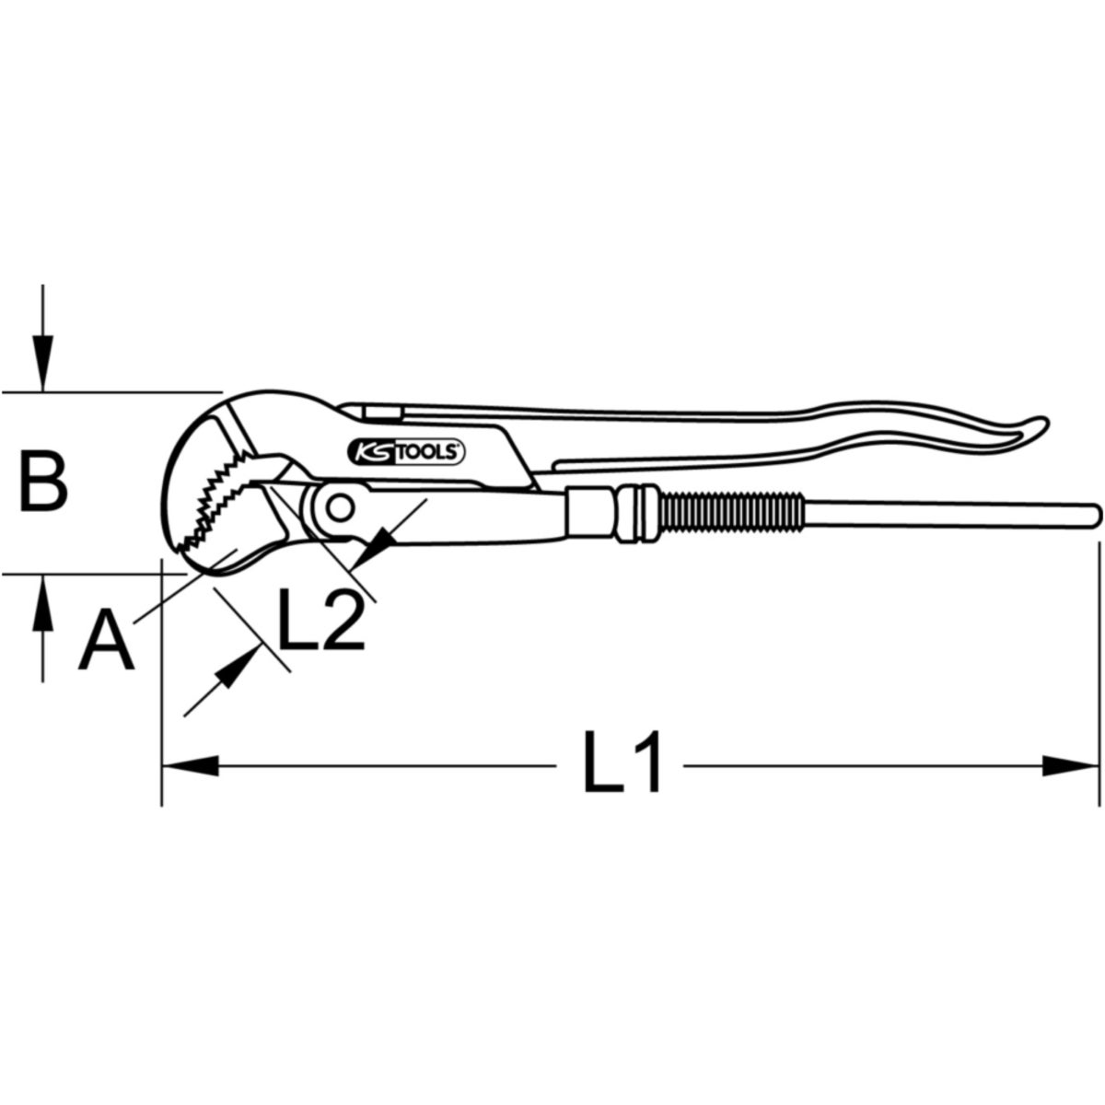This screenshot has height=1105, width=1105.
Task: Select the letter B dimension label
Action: [44, 482]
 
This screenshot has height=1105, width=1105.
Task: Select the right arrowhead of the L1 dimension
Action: [1074, 764]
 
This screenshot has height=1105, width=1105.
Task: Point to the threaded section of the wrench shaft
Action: [731, 513]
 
